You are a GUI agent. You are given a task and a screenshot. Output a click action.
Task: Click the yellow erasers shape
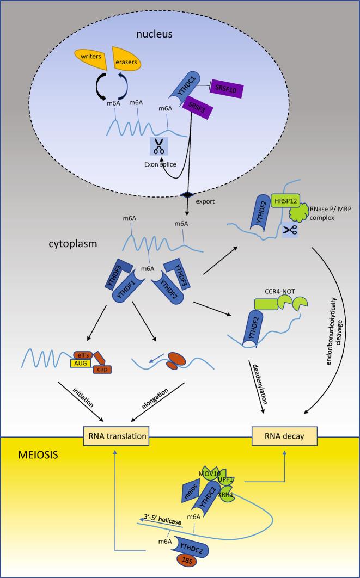(x=126, y=61)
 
